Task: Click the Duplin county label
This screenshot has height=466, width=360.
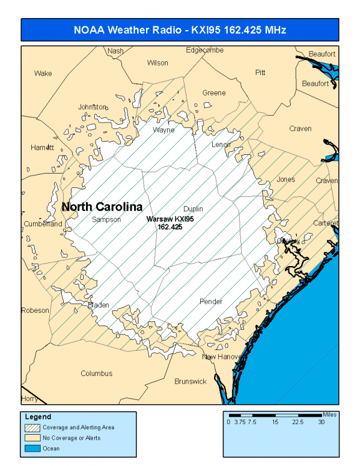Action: pyautogui.click(x=193, y=209)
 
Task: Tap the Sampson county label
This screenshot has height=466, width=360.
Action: pyautogui.click(x=106, y=220)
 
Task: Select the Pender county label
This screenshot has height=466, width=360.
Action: pyautogui.click(x=210, y=301)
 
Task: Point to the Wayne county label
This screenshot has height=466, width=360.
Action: pyautogui.click(x=163, y=130)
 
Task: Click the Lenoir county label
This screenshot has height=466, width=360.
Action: pyautogui.click(x=221, y=145)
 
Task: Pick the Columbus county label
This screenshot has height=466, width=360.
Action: pyautogui.click(x=97, y=374)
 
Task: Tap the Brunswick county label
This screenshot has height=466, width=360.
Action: pyautogui.click(x=191, y=381)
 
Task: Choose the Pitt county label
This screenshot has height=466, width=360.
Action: pyautogui.click(x=260, y=73)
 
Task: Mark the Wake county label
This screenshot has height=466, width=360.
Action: pyautogui.click(x=43, y=74)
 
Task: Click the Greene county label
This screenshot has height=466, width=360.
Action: pyautogui.click(x=214, y=93)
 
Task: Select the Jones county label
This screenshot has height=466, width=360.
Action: pyautogui.click(x=286, y=180)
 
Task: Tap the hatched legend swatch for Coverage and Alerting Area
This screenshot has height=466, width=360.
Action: pyautogui.click(x=32, y=428)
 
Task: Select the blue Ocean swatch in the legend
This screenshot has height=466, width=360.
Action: pyautogui.click(x=32, y=448)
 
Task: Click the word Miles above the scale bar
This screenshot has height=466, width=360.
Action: pyautogui.click(x=330, y=414)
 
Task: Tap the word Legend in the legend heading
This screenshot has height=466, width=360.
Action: pyautogui.click(x=38, y=417)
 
